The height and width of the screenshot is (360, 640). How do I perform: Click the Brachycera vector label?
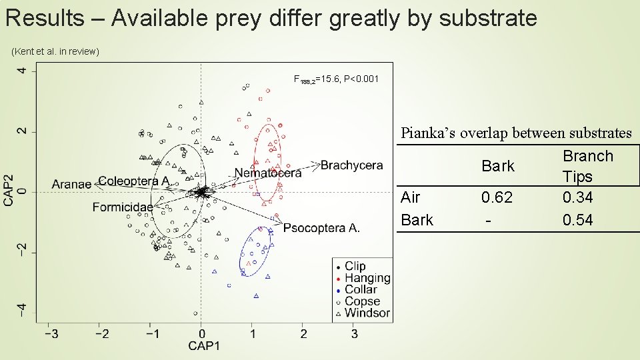coord(351,165)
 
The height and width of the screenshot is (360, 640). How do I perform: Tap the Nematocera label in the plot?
coord(267,173)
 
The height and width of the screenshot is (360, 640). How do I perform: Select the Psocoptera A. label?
coord(321,228)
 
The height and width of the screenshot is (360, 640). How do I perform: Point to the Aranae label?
coord(71,184)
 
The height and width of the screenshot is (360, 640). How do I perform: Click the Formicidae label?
coord(123,207)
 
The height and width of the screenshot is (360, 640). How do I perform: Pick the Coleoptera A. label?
coord(133,181)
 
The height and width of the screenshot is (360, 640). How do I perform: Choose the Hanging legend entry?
coord(367,278)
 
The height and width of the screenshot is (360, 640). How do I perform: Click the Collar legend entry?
coord(361,289)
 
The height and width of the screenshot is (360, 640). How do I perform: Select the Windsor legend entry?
coord(367,313)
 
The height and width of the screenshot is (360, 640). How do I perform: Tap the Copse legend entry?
coord(362,301)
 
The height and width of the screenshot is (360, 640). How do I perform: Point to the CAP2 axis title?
coord(9,191)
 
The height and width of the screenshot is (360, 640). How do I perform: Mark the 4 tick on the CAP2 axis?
coord(23,71)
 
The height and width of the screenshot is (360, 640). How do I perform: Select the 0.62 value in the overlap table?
coord(497,197)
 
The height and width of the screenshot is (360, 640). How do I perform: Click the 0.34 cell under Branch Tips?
coord(577,197)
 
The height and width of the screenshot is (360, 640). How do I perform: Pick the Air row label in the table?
coord(411,197)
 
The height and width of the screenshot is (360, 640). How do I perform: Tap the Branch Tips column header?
coord(587,166)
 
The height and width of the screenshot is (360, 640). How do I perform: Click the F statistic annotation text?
coord(336,79)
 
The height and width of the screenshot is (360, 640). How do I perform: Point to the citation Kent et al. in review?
coord(55,51)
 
